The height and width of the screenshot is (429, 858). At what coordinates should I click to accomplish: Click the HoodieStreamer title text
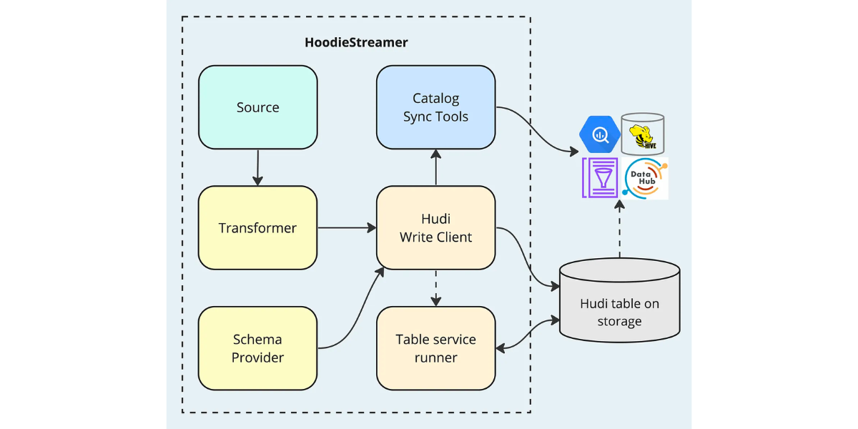click(356, 42)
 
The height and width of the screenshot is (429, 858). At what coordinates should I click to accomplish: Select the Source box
click(257, 107)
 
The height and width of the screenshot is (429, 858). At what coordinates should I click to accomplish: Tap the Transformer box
click(257, 228)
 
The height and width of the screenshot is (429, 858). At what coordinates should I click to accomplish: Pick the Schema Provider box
click(257, 348)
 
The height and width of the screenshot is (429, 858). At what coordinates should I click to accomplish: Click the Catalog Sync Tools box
click(435, 107)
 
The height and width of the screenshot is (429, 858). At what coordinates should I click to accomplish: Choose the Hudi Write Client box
click(435, 228)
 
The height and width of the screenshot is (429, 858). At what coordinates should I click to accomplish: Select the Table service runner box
click(435, 348)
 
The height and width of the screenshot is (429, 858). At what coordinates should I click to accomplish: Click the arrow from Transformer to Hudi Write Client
click(347, 228)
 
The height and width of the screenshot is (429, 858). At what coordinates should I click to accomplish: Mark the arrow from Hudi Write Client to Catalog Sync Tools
click(435, 167)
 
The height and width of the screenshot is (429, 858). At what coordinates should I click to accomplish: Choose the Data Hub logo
click(646, 178)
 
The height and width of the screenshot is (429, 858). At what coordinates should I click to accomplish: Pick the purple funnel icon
click(600, 178)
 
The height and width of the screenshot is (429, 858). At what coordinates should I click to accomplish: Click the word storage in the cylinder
click(619, 322)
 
